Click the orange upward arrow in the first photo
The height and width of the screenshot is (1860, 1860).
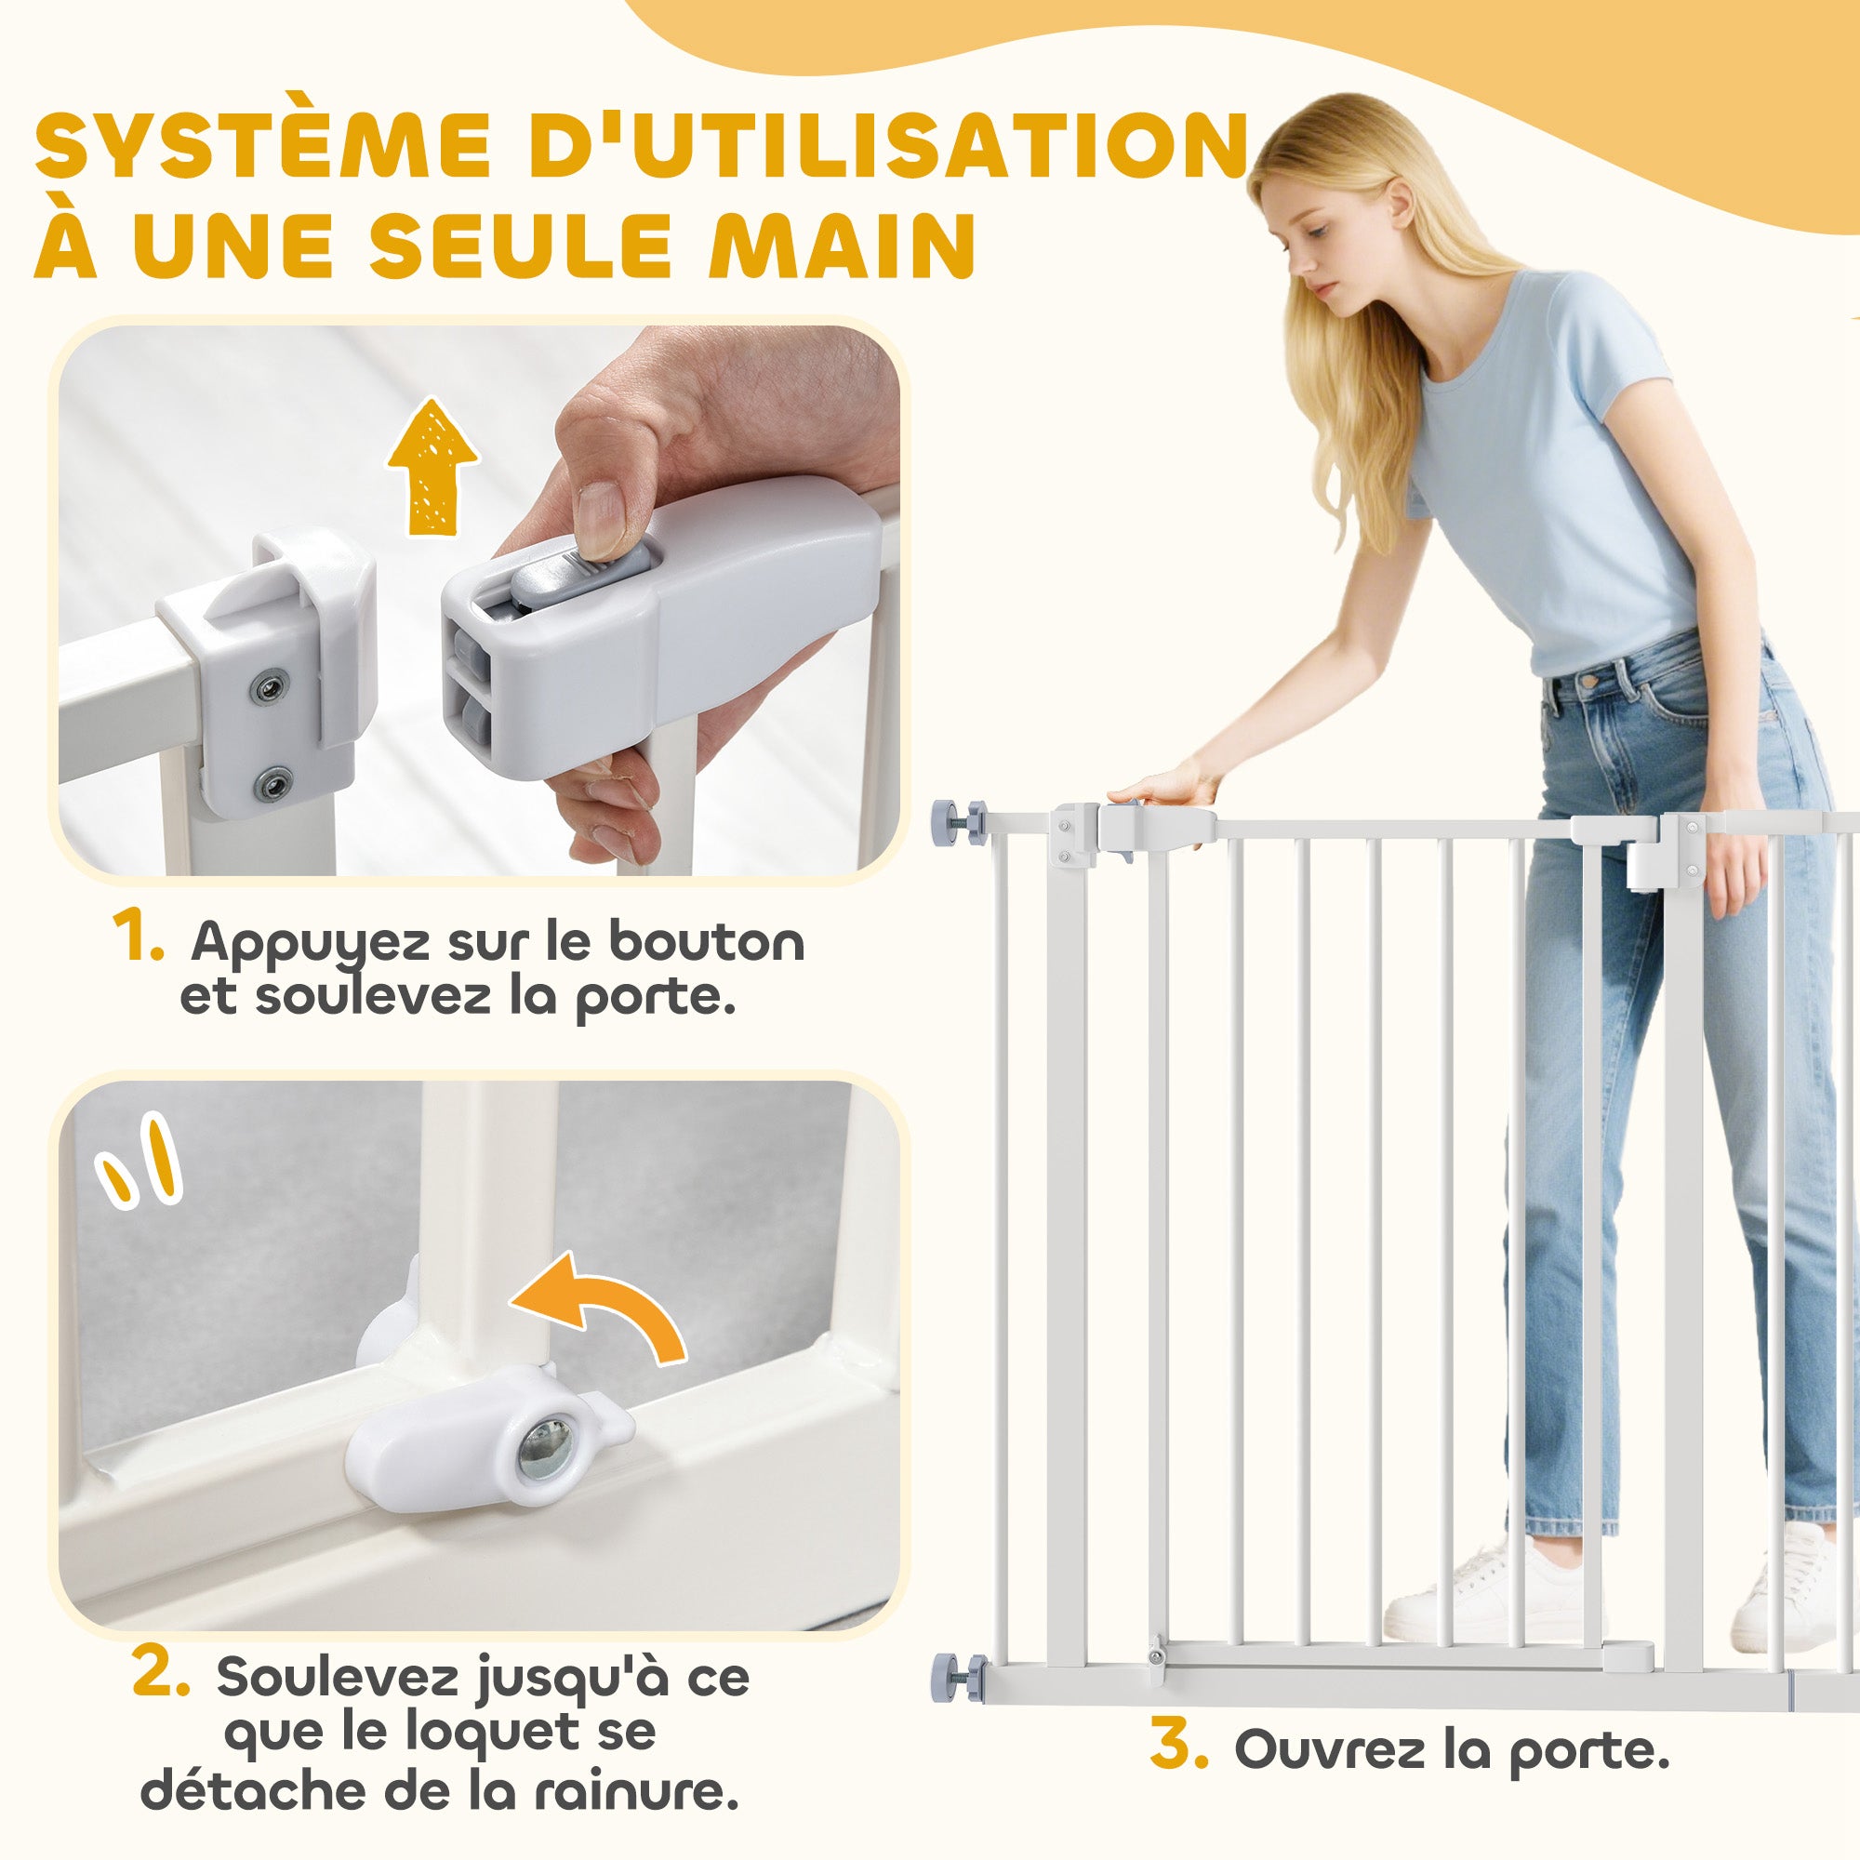432,466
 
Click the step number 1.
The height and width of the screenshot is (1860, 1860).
138,936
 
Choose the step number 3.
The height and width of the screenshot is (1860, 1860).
1178,1747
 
